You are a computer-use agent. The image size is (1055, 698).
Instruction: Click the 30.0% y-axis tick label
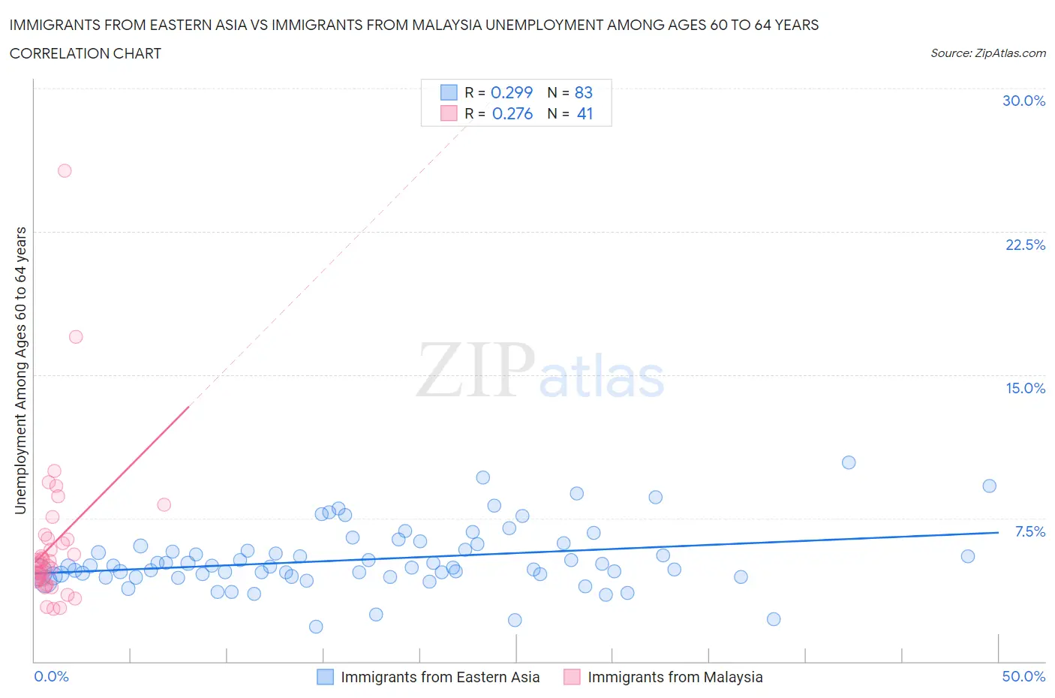(x=1023, y=101)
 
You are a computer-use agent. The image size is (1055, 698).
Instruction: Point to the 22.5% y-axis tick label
(x=1025, y=245)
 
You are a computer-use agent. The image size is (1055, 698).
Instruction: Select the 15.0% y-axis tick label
(x=1025, y=388)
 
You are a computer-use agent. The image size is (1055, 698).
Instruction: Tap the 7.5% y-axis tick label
(x=1029, y=531)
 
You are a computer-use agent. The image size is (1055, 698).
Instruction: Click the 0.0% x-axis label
(x=51, y=676)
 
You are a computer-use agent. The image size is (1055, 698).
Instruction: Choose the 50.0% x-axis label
(x=1023, y=676)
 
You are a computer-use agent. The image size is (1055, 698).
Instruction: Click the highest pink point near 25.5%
(x=65, y=170)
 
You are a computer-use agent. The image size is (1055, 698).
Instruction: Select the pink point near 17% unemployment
(x=76, y=336)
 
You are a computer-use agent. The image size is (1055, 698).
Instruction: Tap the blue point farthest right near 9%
(x=989, y=486)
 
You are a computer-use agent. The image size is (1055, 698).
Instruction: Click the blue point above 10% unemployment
(x=849, y=462)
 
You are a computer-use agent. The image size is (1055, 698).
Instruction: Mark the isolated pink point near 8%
(x=164, y=504)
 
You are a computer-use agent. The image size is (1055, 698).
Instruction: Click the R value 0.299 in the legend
(x=511, y=92)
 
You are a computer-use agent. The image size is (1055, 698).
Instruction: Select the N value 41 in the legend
(x=585, y=113)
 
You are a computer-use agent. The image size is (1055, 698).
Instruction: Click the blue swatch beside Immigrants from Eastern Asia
(x=325, y=677)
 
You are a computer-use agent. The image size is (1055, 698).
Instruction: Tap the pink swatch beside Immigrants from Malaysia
(x=572, y=677)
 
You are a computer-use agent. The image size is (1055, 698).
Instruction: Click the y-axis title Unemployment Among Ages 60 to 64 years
(x=20, y=371)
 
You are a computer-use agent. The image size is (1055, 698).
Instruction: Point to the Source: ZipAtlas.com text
(x=987, y=53)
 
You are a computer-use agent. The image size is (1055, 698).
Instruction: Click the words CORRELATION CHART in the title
(x=86, y=53)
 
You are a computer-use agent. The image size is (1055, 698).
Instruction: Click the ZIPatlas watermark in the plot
(x=540, y=370)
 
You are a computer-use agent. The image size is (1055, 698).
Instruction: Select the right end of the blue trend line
(x=998, y=532)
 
